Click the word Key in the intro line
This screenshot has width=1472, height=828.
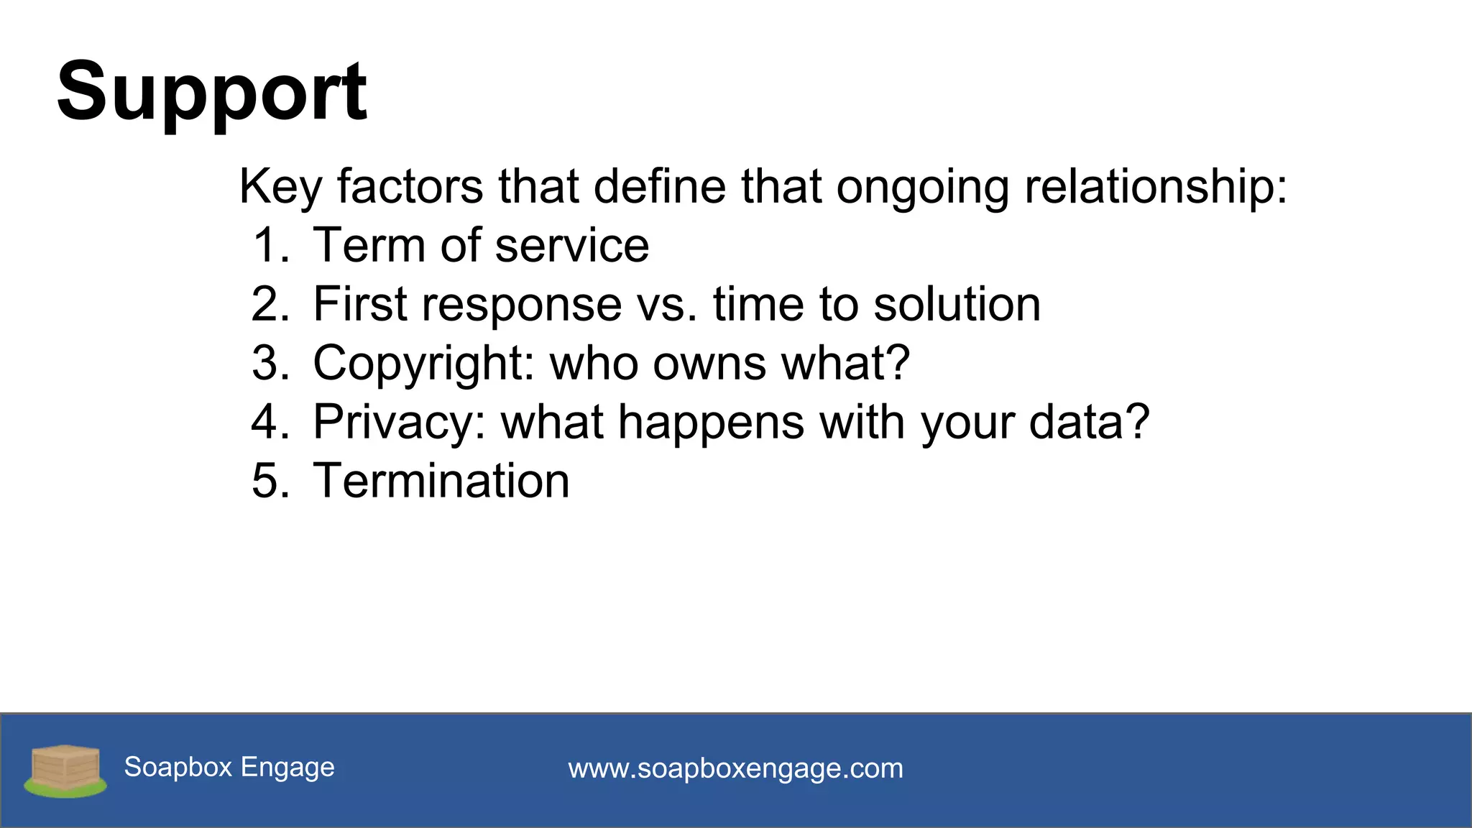[x=280, y=187]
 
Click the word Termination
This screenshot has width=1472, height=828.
[x=441, y=482]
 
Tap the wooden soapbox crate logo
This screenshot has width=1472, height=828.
[x=65, y=769]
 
